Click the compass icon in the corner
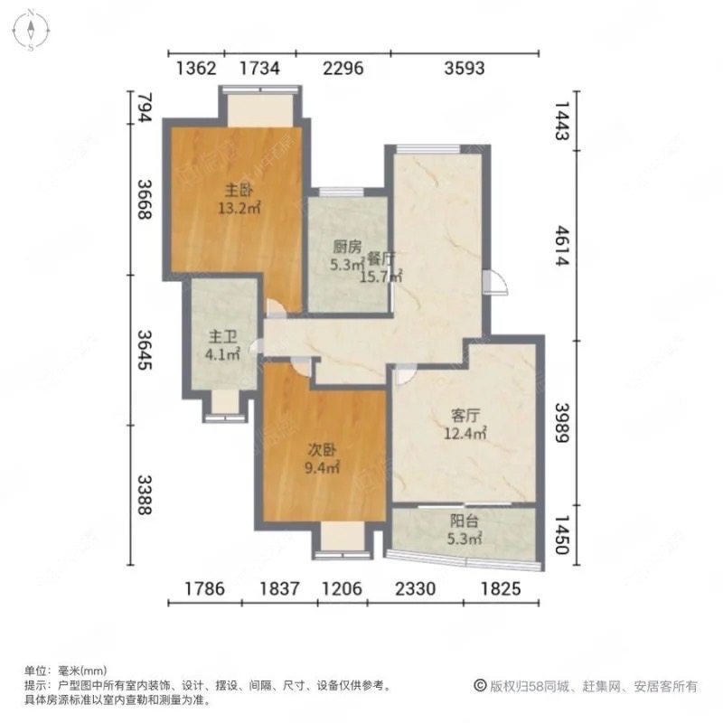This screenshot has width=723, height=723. point(30,29)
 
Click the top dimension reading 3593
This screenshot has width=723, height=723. point(465,67)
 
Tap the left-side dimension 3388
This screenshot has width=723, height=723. point(141,492)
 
